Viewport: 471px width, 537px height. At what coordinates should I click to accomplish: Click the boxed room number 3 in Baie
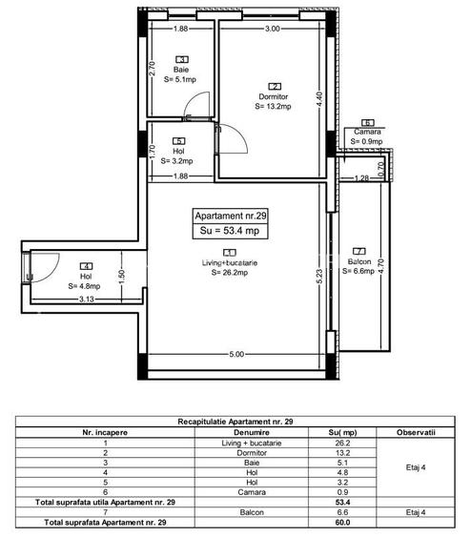coord(180,59)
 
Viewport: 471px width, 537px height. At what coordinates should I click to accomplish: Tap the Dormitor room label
coord(274,96)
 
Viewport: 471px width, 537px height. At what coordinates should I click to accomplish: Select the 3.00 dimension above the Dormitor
coord(272,30)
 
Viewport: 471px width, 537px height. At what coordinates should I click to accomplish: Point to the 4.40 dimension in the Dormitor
coord(321,96)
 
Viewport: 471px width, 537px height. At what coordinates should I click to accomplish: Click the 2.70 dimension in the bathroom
coord(153,70)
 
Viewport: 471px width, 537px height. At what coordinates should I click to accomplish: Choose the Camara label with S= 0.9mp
coord(366,133)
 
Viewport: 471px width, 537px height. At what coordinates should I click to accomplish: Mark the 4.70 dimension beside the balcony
coord(380,267)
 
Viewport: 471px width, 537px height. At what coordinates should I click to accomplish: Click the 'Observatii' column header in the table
coord(418,432)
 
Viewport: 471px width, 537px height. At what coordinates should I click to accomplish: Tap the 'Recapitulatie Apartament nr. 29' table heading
coord(235,421)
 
